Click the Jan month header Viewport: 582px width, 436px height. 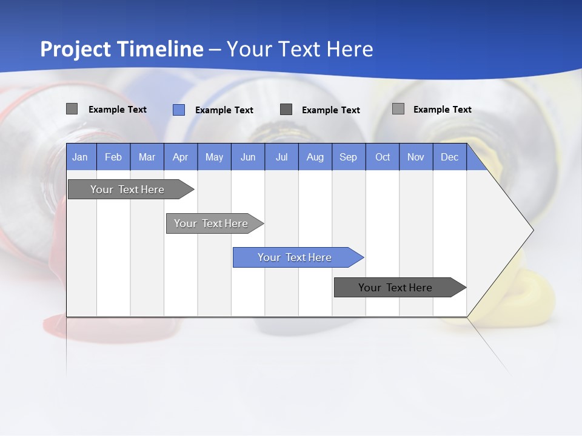pyautogui.click(x=80, y=157)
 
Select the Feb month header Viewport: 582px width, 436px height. pyautogui.click(x=113, y=157)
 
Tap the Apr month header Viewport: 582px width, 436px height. pyautogui.click(x=180, y=157)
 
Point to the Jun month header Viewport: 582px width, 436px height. pyautogui.click(x=247, y=157)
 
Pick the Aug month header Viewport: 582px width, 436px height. pyautogui.click(x=315, y=157)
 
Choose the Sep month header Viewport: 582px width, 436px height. pyautogui.click(x=348, y=157)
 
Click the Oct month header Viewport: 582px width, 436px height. pyautogui.click(x=383, y=157)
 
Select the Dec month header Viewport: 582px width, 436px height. pyautogui.click(x=449, y=157)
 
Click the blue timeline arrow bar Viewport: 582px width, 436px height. pyautogui.click(x=295, y=257)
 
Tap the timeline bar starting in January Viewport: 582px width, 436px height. pyautogui.click(x=128, y=190)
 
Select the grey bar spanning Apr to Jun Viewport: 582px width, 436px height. pyautogui.click(x=212, y=223)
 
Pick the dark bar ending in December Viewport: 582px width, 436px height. pyautogui.click(x=396, y=288)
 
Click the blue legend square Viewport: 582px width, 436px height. pyautogui.click(x=179, y=110)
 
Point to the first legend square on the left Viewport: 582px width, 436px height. pyautogui.click(x=72, y=109)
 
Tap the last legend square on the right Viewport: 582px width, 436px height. pyautogui.click(x=398, y=109)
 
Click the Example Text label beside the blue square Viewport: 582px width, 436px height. pyautogui.click(x=224, y=110)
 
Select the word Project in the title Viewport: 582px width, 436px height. pyautogui.click(x=75, y=49)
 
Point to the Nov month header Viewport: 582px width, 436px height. pyautogui.click(x=416, y=157)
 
